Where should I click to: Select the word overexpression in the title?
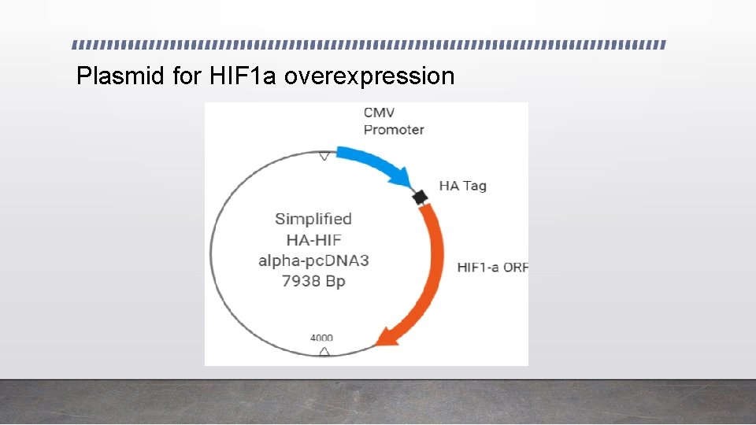(x=369, y=76)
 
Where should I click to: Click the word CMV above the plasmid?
(x=380, y=113)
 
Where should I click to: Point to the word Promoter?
(x=394, y=130)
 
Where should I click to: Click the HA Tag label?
(x=462, y=186)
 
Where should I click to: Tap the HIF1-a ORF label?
(x=492, y=268)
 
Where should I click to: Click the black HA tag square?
(x=421, y=197)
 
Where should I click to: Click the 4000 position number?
(x=321, y=338)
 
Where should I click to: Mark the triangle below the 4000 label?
(x=324, y=350)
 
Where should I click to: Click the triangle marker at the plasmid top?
(x=324, y=157)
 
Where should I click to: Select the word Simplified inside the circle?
(x=313, y=219)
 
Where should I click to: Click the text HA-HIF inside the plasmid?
(x=313, y=240)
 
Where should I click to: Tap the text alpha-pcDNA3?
(x=313, y=261)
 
